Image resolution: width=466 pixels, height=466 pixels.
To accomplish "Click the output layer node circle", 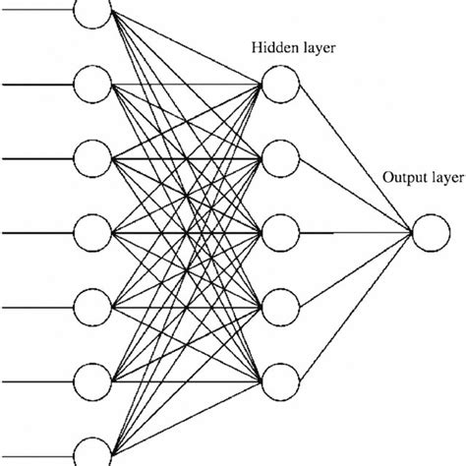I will point(429,234).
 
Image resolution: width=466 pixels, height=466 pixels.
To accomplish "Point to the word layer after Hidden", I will point(319,46).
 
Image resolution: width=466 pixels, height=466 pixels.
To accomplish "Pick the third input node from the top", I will point(94,158).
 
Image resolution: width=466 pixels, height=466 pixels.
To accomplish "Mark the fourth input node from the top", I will point(94,233).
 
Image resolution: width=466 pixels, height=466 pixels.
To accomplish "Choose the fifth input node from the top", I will point(94,306).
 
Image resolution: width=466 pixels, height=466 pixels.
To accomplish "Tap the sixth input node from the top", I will point(94,379).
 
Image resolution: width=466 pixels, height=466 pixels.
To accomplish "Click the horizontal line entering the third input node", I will point(39,158).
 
